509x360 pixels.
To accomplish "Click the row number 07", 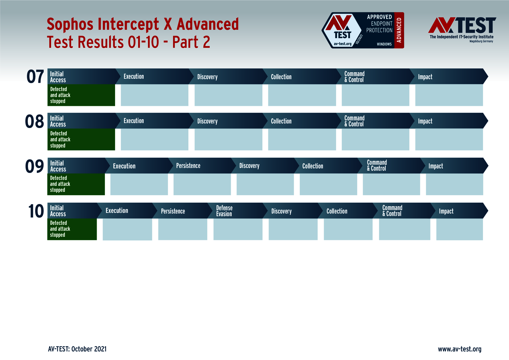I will point(35,77).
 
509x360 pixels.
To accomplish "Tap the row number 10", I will point(36,211).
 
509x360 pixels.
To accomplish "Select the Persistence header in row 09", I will point(188,166).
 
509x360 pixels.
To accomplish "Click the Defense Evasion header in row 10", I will point(224,211).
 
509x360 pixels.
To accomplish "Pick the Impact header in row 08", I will point(425,121).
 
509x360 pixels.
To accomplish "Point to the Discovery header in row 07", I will point(207,77).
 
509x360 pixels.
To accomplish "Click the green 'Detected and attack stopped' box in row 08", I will point(81,140).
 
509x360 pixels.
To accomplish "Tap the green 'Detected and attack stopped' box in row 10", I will point(72,229).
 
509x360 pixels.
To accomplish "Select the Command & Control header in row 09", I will point(377,166).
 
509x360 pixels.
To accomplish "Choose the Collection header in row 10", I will point(337,211).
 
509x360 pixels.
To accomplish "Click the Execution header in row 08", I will point(134,121).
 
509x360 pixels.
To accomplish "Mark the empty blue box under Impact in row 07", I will point(449,95).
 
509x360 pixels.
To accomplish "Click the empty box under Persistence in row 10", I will point(182,229).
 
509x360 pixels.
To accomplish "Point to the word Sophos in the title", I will point(70,24).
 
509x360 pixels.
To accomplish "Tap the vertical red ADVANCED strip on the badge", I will point(399,30).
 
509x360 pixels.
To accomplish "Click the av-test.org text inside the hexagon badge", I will point(342,44).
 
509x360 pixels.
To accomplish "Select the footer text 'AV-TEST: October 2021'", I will point(77,349).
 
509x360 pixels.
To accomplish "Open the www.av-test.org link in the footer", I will point(460,349).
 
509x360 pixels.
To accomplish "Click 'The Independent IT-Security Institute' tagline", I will point(461,37).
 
